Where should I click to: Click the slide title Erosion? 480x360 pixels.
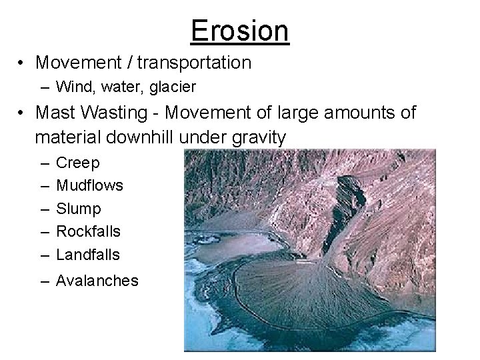point(240,30)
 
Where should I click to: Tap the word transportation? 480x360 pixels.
point(195,63)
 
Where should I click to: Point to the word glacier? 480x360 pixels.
point(175,86)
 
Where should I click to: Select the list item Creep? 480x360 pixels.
point(78,163)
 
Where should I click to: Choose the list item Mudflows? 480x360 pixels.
point(90,185)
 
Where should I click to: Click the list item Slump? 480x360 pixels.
point(79,209)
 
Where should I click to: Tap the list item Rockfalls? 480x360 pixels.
point(89,231)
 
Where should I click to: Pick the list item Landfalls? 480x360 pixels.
point(88,254)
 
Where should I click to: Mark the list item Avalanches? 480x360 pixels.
point(97,281)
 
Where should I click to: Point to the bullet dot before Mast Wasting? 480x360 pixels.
point(23,113)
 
